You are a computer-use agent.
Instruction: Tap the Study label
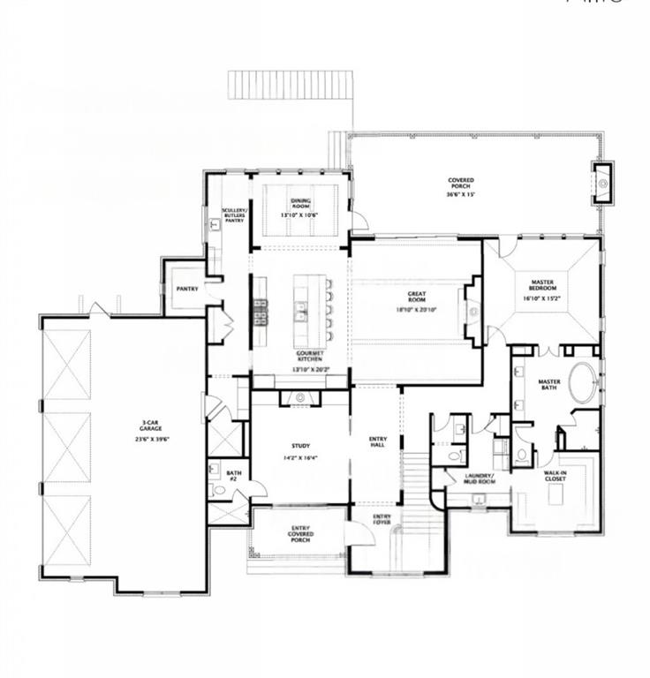[x=300, y=446]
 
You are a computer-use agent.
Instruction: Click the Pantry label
[x=186, y=289]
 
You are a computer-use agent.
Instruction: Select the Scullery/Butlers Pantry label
[x=234, y=215]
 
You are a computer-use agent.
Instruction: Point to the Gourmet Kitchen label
[x=309, y=356]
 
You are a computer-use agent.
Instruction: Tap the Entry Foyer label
[x=382, y=519]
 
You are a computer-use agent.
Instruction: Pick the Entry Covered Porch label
[x=300, y=533]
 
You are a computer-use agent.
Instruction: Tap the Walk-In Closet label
[x=556, y=478]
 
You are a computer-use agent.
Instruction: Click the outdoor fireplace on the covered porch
[x=602, y=184]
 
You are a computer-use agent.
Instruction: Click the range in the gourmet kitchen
[x=261, y=312]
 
